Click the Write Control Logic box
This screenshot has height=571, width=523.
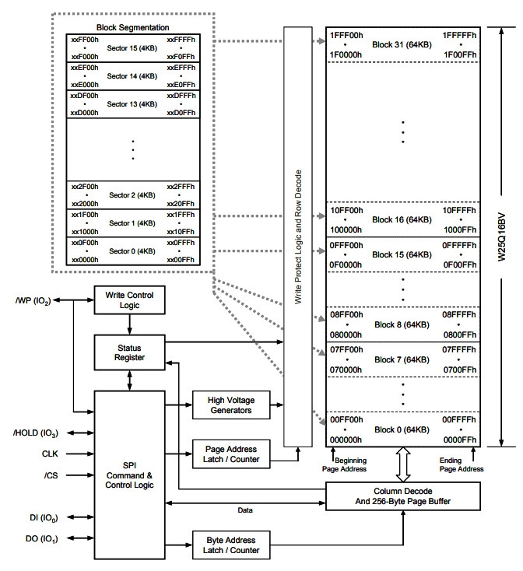(x=129, y=300)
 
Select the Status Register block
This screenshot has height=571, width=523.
(x=129, y=352)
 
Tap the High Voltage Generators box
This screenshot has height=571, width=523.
(x=231, y=405)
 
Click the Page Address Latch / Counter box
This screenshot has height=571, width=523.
(x=231, y=454)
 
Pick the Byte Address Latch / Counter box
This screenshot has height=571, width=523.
(x=231, y=545)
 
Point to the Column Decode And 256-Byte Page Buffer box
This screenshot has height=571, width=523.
(x=403, y=496)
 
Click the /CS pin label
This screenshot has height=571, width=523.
(x=51, y=475)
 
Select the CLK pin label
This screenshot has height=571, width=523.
(x=50, y=454)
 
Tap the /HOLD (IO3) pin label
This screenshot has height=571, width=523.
(x=36, y=433)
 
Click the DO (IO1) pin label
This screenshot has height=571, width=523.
(x=41, y=538)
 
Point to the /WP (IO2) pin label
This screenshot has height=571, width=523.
(x=33, y=301)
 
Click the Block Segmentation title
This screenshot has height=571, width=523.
(x=132, y=27)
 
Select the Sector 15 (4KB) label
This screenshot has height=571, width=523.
(x=132, y=48)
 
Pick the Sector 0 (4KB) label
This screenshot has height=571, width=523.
(x=132, y=251)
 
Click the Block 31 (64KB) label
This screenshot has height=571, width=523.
(x=402, y=45)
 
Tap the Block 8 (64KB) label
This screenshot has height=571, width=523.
(x=402, y=325)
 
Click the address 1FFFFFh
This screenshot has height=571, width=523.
(x=459, y=35)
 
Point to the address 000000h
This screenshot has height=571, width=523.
(x=346, y=440)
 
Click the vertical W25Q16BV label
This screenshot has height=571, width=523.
(x=502, y=236)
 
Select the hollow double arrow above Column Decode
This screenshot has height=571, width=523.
(x=403, y=464)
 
